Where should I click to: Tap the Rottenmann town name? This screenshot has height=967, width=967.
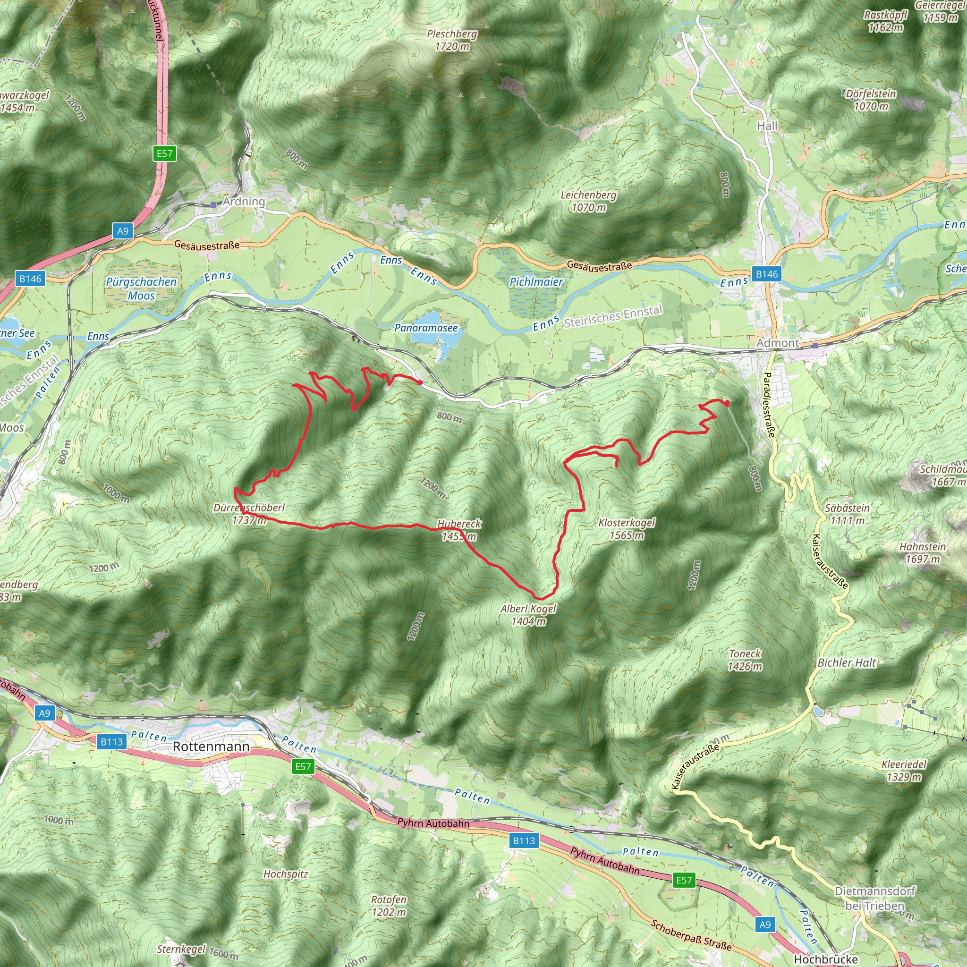click(211, 746)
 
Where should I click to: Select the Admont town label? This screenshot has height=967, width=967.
click(777, 343)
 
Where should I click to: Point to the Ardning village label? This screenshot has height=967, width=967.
click(244, 201)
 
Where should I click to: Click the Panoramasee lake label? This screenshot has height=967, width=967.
click(426, 328)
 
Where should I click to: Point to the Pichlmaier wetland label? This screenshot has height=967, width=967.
click(536, 282)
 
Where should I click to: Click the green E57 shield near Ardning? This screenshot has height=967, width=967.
click(164, 153)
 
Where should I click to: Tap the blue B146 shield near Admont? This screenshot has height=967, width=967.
click(767, 274)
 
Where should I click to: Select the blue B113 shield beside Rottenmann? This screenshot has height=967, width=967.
click(111, 742)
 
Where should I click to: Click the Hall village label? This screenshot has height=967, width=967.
click(767, 126)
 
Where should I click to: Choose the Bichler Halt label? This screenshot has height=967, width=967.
click(847, 662)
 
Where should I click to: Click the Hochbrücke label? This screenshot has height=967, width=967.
click(826, 959)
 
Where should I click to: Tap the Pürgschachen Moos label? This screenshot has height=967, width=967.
click(141, 288)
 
